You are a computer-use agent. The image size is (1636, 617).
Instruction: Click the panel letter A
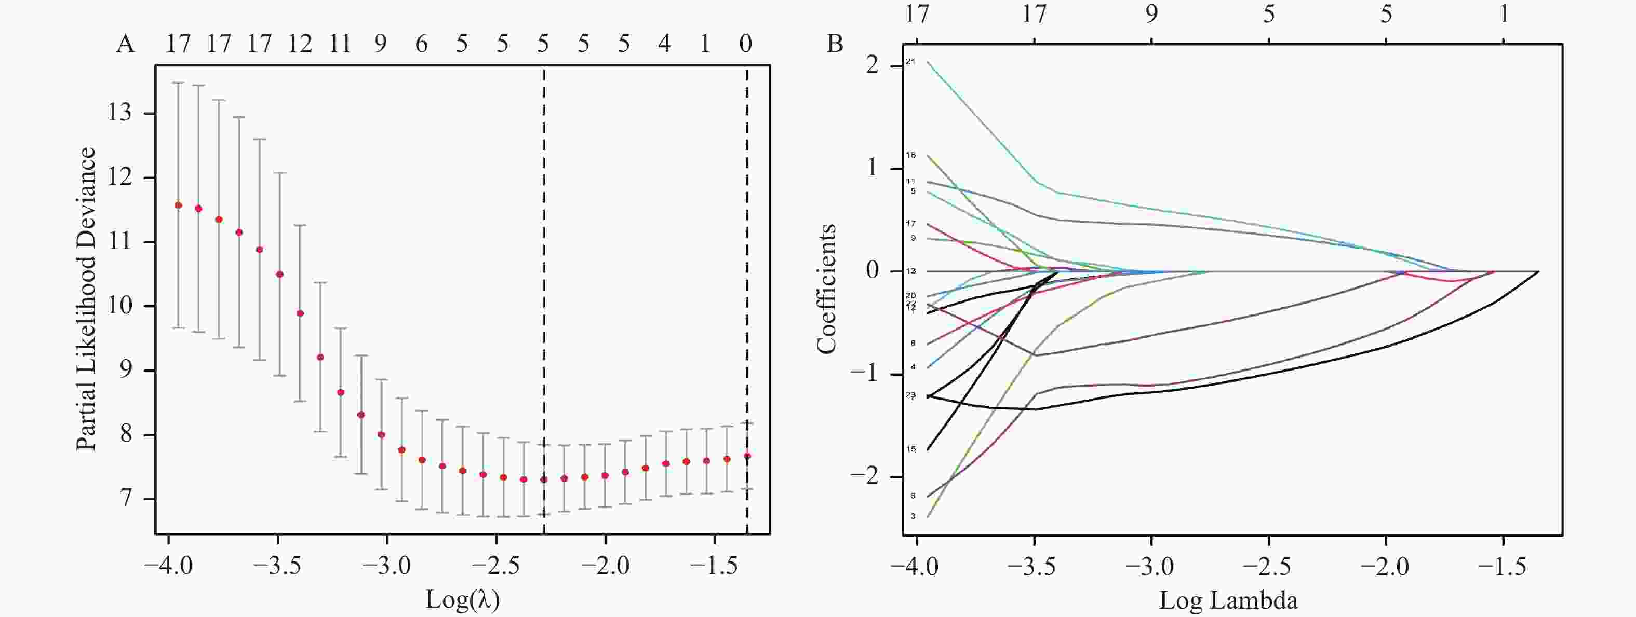point(126,44)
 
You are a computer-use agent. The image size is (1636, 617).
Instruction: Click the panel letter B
point(835,44)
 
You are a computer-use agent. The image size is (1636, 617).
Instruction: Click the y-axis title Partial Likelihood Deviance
point(86,299)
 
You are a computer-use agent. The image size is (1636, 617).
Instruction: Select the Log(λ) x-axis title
point(462,599)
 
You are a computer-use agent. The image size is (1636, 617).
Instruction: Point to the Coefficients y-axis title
point(826,289)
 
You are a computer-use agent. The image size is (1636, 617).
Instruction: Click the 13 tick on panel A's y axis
point(120,113)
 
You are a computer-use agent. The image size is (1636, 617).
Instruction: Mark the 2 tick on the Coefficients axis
point(873,65)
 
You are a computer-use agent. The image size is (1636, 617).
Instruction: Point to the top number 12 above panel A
point(299,44)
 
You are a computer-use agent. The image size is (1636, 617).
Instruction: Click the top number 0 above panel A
point(746,44)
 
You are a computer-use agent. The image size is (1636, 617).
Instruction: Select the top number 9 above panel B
point(1151,14)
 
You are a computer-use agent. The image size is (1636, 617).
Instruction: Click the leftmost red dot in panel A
point(179,205)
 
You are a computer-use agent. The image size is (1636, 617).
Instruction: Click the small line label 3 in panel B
point(913,516)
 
